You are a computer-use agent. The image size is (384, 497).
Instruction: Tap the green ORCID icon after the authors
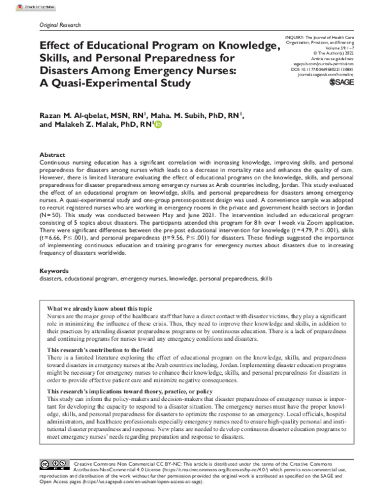158,126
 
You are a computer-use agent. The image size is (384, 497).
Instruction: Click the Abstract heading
52,156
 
